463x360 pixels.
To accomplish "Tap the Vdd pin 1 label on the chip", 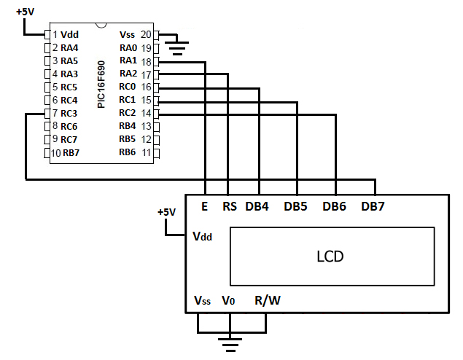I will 70,34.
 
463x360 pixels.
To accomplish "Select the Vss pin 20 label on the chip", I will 127,34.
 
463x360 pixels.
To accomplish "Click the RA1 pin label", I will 128,60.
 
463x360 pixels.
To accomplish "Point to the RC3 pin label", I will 69,113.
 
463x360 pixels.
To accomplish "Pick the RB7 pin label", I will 71,152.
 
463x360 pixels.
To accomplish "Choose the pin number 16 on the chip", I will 146,87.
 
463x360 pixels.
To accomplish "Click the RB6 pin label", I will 128,152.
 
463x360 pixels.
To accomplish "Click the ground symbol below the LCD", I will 230,340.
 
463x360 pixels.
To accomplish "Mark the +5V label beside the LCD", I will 166,212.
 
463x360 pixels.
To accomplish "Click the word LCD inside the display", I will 330,257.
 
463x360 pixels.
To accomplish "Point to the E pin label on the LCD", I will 205,207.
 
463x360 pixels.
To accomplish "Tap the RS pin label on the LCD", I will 230,207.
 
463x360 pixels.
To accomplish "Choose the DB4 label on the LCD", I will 257,207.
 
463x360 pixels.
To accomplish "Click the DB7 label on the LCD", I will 373,207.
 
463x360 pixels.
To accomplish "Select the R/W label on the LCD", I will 266,300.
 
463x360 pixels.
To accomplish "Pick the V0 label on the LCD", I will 228,300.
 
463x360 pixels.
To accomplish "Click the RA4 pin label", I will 69,47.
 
